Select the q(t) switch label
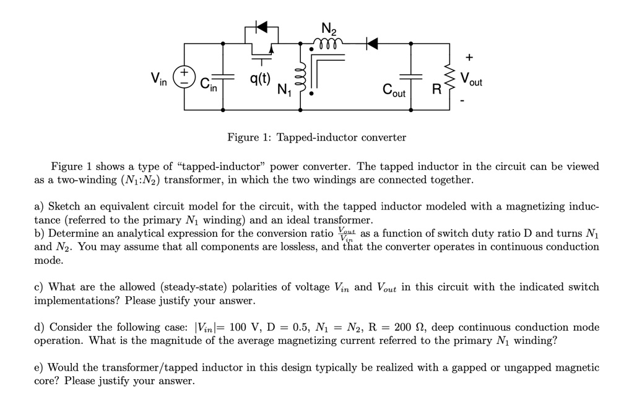tap(260, 78)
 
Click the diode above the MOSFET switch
tap(262, 27)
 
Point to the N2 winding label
tap(329, 28)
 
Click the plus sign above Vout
tap(468, 58)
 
